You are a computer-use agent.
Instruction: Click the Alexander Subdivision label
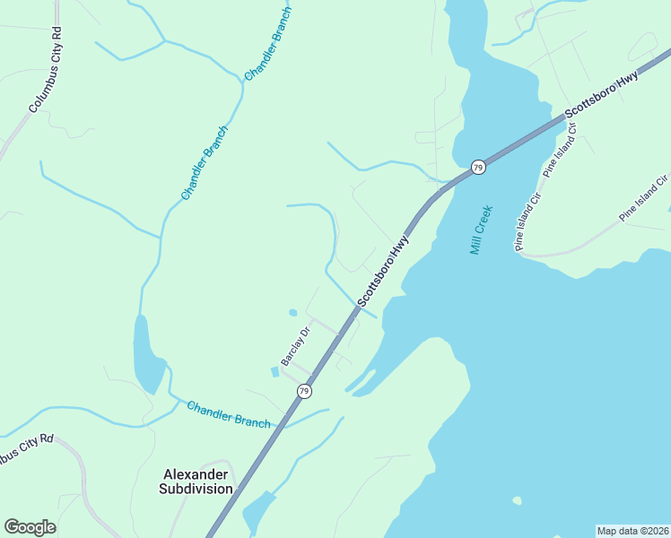196,482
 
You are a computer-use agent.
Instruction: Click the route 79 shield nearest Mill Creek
478,168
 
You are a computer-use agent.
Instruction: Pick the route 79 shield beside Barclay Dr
305,391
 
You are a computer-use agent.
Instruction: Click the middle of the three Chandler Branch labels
205,163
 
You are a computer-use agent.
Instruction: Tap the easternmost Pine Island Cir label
644,197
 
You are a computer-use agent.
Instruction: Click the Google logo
30,527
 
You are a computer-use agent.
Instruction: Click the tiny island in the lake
516,500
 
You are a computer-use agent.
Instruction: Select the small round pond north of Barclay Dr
292,313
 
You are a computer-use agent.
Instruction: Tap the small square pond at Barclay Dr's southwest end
274,371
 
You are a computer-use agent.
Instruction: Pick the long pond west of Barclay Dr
147,353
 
